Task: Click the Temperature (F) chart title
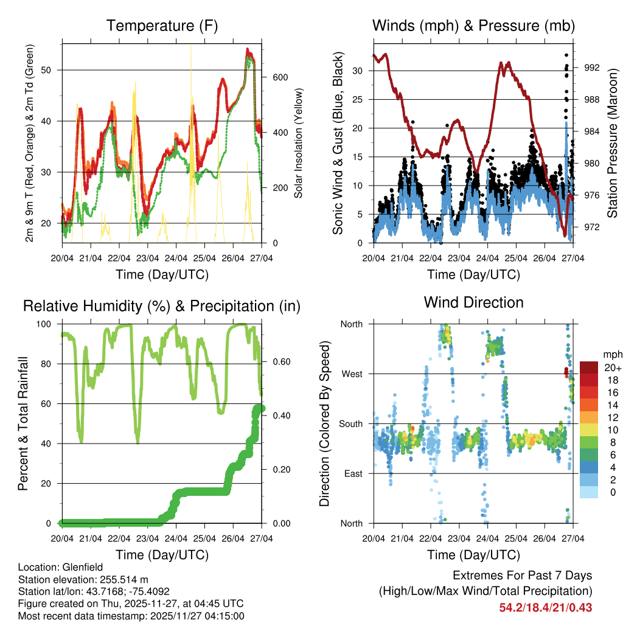162,26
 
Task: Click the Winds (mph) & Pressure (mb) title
473,26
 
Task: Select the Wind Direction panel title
473,302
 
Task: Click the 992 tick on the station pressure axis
591,68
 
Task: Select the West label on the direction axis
352,374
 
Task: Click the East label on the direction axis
352,473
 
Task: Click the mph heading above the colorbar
611,354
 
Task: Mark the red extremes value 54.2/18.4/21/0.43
546,608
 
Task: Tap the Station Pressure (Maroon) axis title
613,142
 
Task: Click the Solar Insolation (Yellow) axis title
299,143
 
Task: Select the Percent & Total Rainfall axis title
23,423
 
